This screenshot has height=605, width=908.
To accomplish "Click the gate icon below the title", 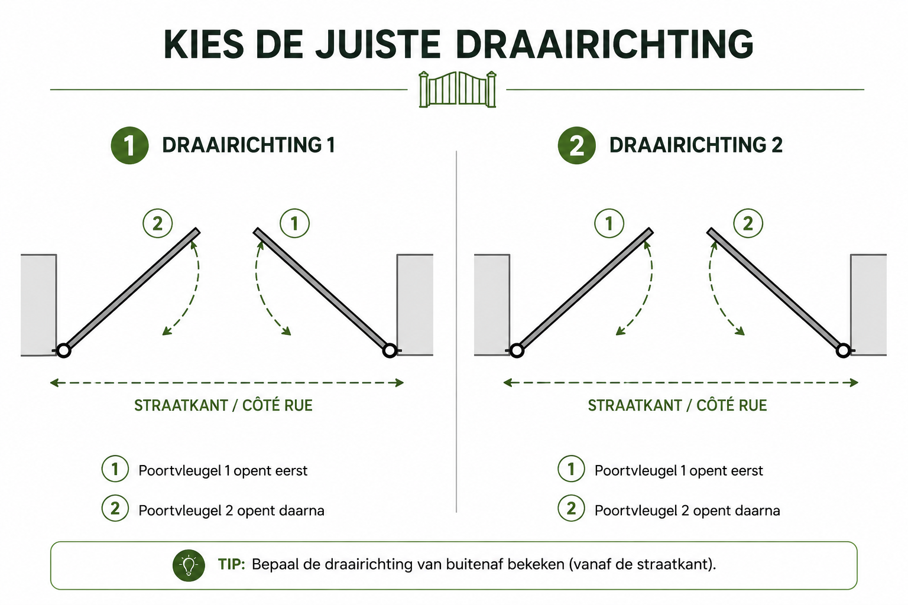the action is pos(457,90).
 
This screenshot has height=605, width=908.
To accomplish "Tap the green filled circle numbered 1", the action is pos(129,145).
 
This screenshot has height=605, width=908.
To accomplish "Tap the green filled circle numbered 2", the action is pos(576,145).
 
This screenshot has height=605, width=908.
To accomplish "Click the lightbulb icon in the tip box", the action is pos(189,565).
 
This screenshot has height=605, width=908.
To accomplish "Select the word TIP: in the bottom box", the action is pos(232,564).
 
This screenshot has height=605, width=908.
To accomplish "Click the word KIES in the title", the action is pos(204,44).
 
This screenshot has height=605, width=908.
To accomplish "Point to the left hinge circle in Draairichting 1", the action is pos(63,350).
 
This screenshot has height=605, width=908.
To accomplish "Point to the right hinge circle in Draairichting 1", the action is pos(390,350).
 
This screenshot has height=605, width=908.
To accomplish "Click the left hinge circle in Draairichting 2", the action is pos(517,350).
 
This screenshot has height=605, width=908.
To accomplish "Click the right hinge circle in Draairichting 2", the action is pos(844,350).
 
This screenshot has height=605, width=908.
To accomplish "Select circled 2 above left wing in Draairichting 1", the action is pos(158,223).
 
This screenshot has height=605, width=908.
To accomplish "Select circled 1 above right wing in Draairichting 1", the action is pos(295,223).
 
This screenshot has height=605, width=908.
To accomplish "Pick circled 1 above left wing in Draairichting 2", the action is pos(609,223).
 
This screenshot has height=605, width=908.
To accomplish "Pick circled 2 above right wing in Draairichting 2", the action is pos(748,223).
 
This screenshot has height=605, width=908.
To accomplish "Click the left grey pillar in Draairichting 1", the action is pos(38,305).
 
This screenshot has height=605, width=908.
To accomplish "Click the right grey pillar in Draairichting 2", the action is pos(868,305).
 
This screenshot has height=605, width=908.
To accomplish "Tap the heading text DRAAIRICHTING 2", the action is pos(696,145).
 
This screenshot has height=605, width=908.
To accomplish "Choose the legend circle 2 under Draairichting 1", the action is pos(115,508).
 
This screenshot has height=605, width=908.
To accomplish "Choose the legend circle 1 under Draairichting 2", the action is pos(571,469).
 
